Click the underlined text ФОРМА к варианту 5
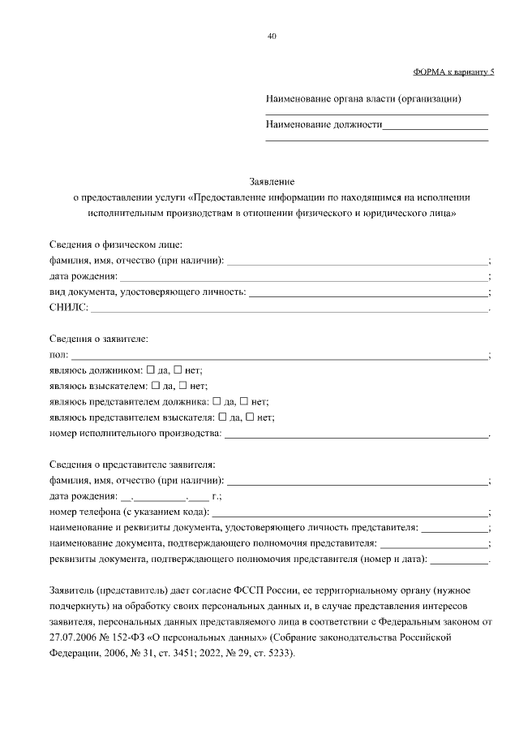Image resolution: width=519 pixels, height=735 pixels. click(453, 71)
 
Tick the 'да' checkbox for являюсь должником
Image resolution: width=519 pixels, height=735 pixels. click(151, 370)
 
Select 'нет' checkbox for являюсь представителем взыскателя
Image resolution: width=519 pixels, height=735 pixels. click(251, 417)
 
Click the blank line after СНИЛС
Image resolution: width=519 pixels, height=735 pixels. click(288, 309)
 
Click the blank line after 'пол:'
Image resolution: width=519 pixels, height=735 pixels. click(280, 357)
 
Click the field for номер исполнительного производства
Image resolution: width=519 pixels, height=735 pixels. click(357, 435)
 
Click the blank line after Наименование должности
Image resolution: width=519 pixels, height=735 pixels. click(435, 128)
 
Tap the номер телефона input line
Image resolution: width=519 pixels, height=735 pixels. click(350, 513)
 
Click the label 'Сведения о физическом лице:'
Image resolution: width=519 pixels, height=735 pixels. click(115, 244)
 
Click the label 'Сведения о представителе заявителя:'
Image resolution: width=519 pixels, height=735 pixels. click(131, 465)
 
